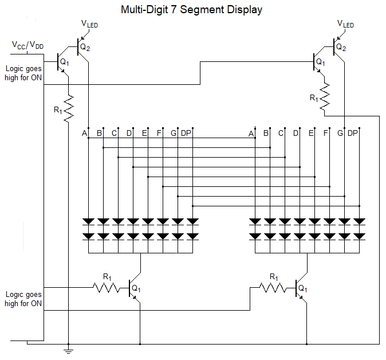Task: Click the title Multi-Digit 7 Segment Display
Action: click(x=192, y=10)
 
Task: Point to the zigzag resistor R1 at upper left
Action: click(x=69, y=109)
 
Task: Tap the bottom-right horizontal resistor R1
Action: click(x=274, y=287)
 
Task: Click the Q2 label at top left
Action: click(x=85, y=47)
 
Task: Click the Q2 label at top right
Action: click(x=341, y=47)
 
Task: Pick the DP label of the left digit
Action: click(x=186, y=134)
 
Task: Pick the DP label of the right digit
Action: click(x=352, y=134)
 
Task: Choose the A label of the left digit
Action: click(x=84, y=134)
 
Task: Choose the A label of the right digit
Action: click(x=251, y=134)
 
